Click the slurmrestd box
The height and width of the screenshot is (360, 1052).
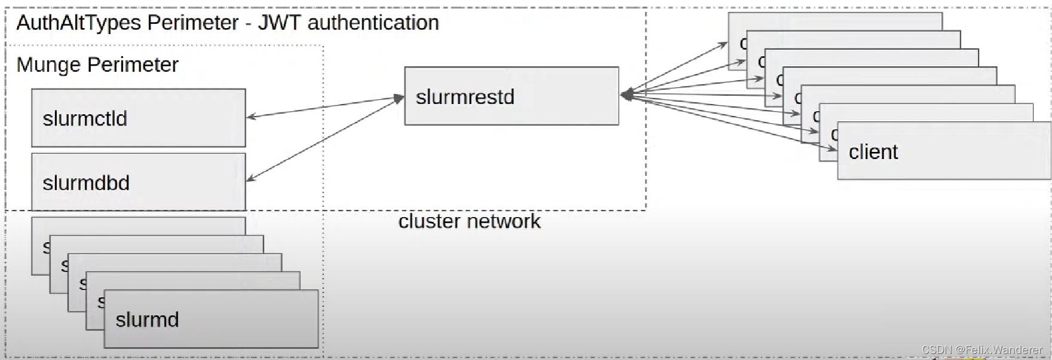click(511, 96)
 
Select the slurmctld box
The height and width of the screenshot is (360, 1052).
click(138, 118)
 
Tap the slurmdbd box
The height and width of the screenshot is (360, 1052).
click(138, 182)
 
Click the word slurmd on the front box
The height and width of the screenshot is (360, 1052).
click(147, 319)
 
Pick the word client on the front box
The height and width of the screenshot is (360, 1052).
click(873, 152)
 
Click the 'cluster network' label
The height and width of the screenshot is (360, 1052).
click(469, 221)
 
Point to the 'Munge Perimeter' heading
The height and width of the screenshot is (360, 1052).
click(97, 65)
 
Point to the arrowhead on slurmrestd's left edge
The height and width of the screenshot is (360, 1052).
click(399, 99)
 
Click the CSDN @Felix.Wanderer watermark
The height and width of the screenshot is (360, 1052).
click(981, 350)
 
